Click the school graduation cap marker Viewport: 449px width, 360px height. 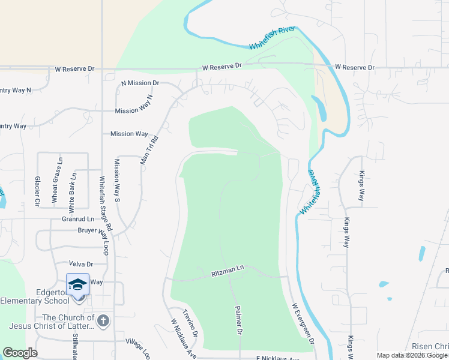(78, 284)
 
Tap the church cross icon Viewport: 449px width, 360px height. (103, 320)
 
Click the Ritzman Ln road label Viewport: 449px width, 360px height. (228, 273)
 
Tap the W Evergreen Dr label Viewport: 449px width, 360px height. (304, 322)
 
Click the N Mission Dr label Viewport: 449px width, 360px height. (140, 83)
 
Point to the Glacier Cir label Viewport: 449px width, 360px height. (37, 191)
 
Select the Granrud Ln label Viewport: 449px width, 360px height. (78, 220)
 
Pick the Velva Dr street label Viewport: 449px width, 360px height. (81, 264)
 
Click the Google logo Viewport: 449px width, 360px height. (20, 353)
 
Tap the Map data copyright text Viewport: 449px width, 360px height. (412, 355)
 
